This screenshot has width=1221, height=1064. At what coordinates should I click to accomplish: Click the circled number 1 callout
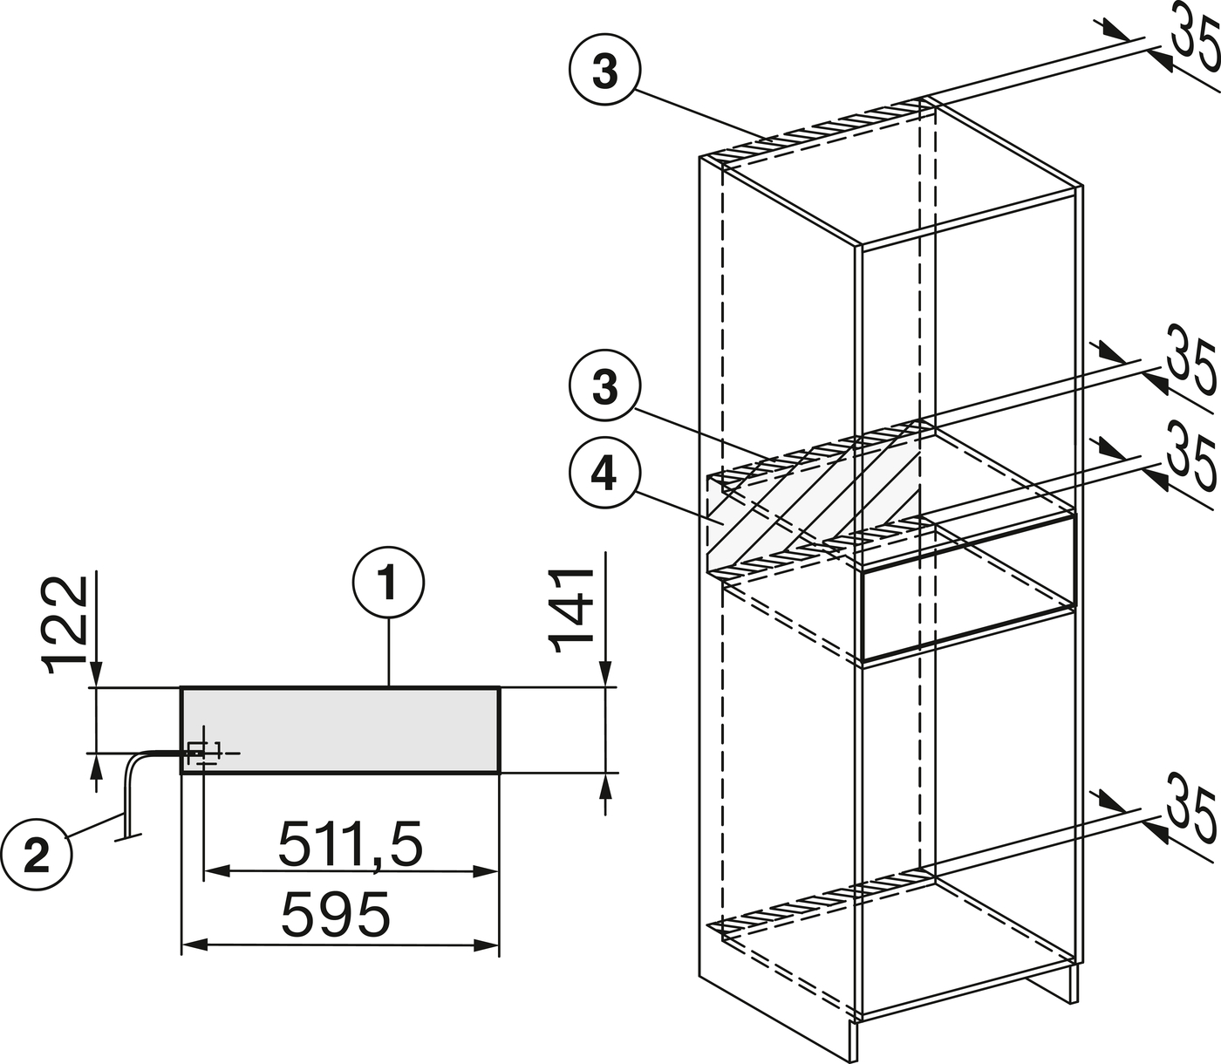pyautogui.click(x=388, y=583)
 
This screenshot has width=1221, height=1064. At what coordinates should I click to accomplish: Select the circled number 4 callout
pyautogui.click(x=604, y=477)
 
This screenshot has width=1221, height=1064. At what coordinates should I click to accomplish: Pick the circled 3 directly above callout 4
pyautogui.click(x=604, y=388)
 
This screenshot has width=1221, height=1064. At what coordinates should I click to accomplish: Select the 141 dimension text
pyautogui.click(x=571, y=611)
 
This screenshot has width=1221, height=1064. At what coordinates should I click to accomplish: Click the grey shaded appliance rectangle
pyautogui.click(x=340, y=731)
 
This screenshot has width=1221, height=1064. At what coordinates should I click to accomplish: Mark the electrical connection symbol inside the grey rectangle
pyautogui.click(x=204, y=754)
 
